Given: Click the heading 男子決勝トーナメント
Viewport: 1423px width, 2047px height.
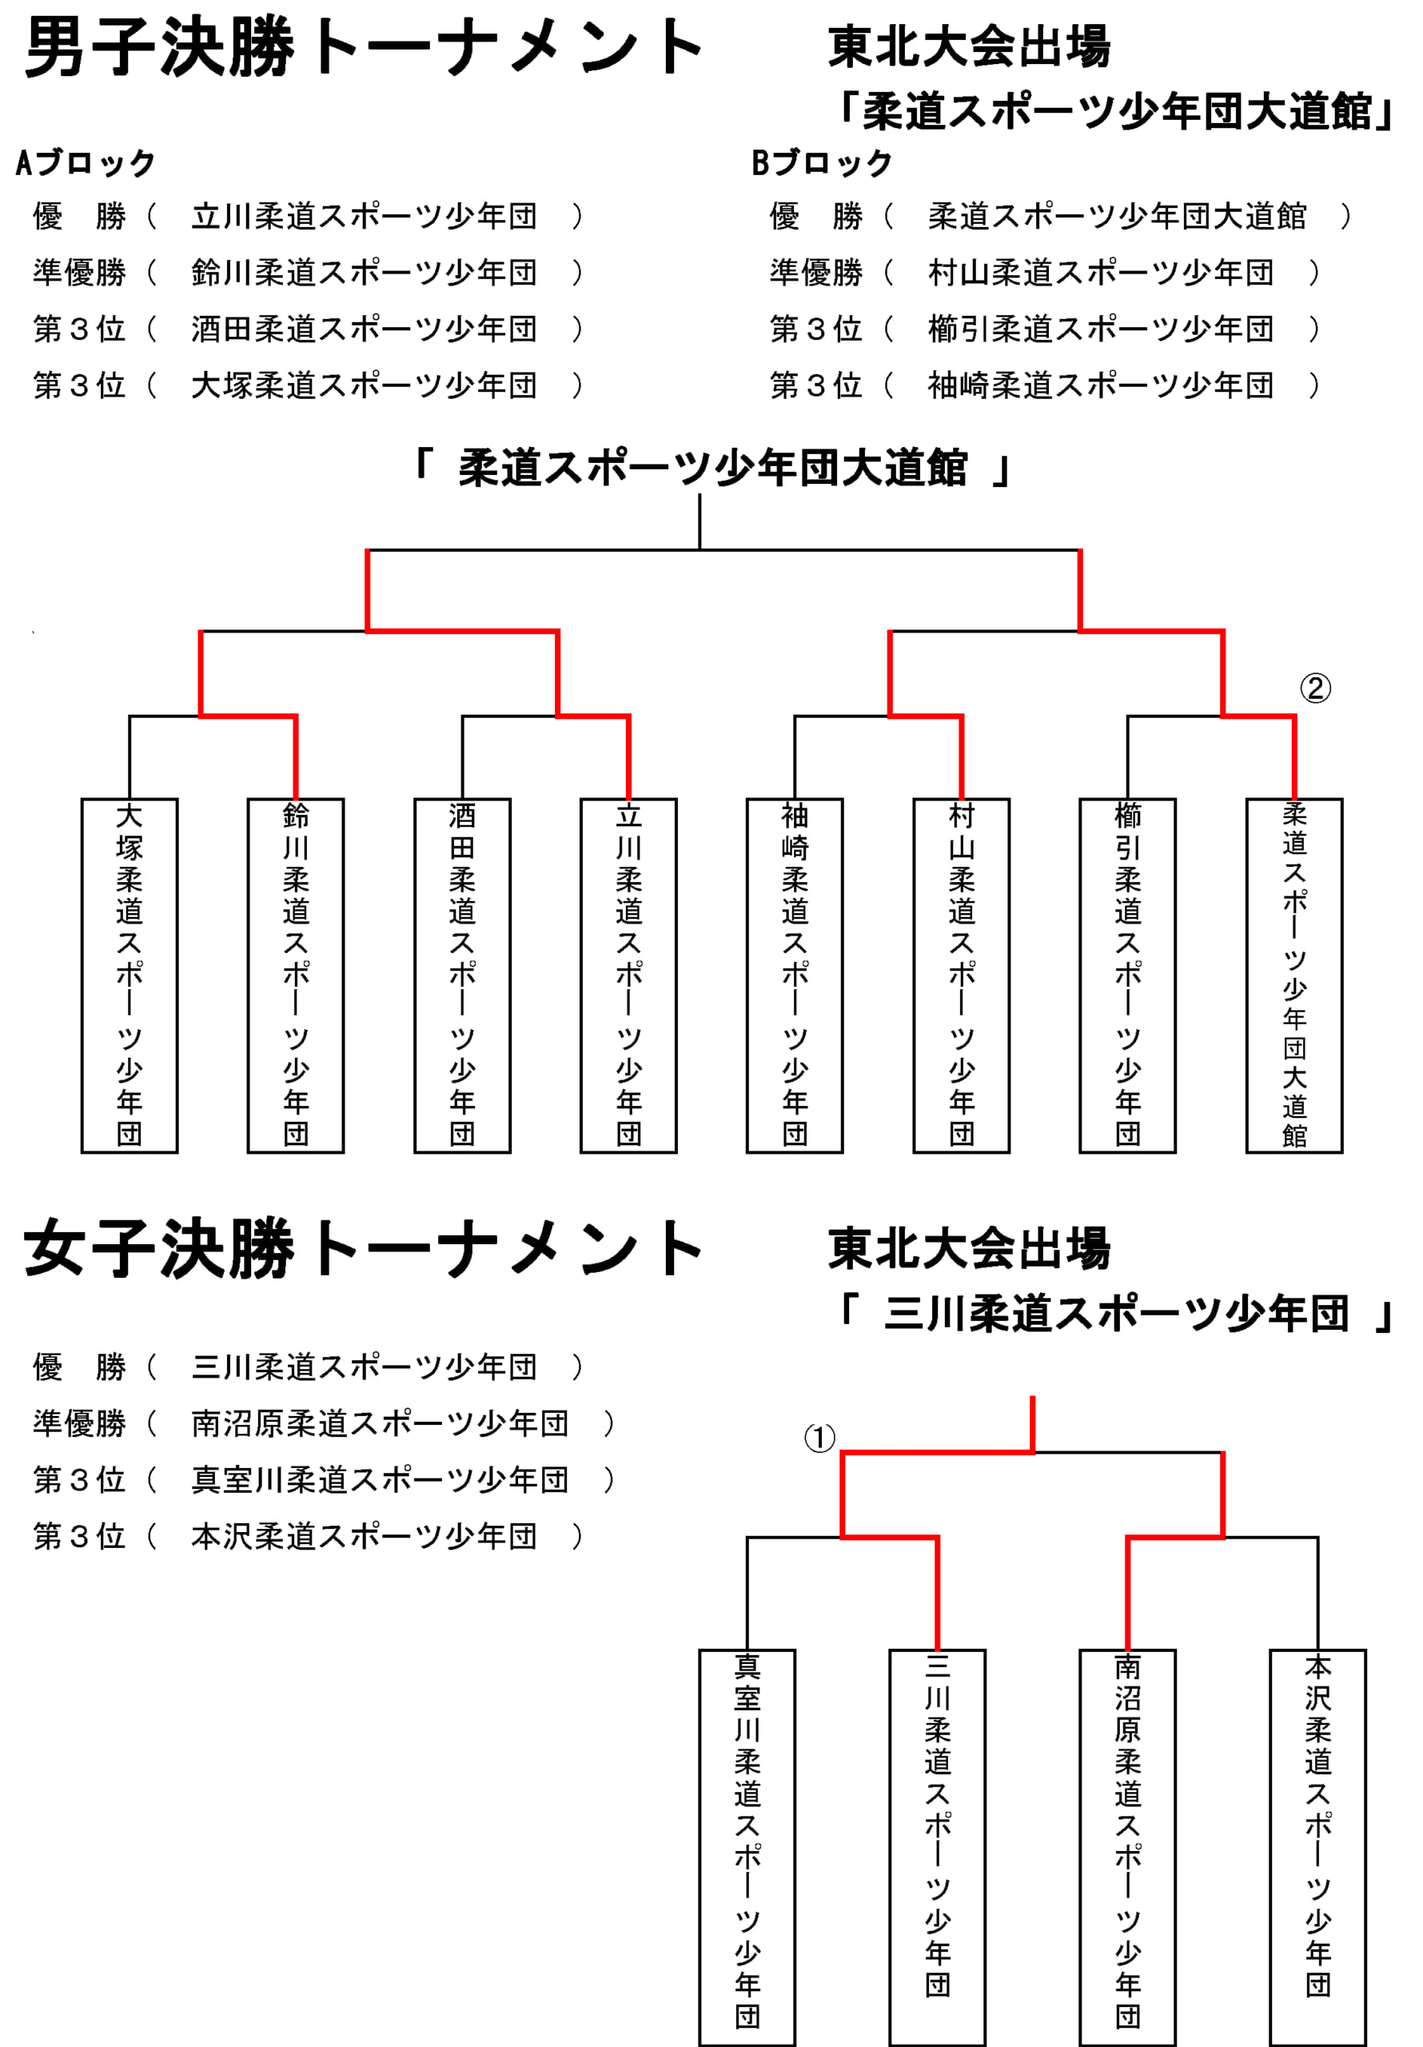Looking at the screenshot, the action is click(x=364, y=48).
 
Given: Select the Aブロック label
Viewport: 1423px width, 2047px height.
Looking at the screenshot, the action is click(x=86, y=163).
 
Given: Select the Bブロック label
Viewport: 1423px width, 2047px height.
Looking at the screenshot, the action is click(x=822, y=163).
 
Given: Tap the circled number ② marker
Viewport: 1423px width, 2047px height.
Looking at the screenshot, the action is click(x=1315, y=688).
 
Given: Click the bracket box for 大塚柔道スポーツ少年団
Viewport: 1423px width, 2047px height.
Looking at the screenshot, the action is click(x=130, y=976).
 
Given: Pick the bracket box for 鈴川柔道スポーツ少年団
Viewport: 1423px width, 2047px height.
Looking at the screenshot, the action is click(x=296, y=976).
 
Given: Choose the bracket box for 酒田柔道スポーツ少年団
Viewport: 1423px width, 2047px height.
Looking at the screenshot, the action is click(x=462, y=976).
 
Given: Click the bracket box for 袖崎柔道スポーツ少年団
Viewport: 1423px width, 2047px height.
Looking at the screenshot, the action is click(x=795, y=976).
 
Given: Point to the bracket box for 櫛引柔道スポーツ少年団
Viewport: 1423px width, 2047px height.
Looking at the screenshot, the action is click(x=1128, y=976).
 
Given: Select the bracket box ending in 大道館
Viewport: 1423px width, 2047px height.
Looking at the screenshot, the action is click(x=1294, y=976).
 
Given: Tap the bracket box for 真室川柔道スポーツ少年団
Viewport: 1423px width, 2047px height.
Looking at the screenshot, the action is click(x=747, y=1847).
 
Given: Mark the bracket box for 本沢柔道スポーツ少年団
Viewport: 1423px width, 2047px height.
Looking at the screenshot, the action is click(x=1317, y=1847).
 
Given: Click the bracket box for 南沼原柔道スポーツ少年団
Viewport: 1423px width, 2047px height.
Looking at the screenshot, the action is click(x=1128, y=1847).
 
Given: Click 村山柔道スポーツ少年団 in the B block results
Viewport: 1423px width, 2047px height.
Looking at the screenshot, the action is click(x=1100, y=273).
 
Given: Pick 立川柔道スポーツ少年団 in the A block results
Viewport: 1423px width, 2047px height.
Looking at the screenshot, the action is click(x=364, y=217).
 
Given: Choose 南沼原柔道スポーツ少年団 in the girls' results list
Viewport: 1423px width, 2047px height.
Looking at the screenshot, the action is click(x=380, y=1424).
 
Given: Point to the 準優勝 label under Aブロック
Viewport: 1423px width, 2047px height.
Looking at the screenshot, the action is click(x=79, y=273).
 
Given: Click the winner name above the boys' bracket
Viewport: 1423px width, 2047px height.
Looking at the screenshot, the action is click(x=712, y=469).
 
